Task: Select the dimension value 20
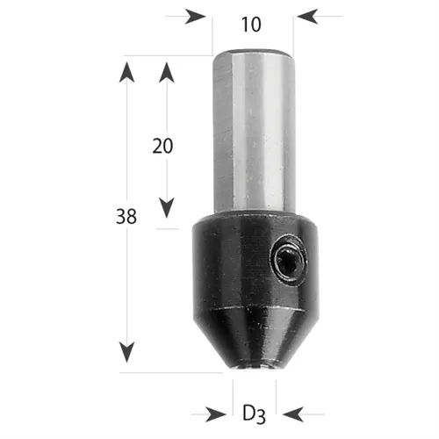pos(162,146)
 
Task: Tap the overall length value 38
pos(126,217)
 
